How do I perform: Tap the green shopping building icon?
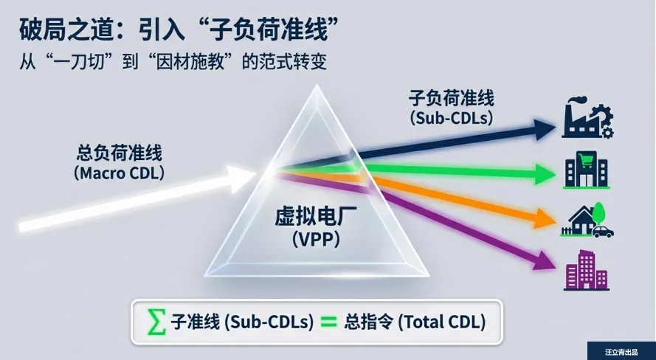tap(586, 170)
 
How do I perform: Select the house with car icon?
tap(587, 221)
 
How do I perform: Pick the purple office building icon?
tap(586, 269)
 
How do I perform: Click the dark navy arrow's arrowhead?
tap(544, 130)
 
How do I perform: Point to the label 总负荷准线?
tap(119, 154)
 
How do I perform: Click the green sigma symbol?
tap(156, 322)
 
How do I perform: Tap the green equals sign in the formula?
tap(329, 322)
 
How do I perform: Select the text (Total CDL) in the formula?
tap(443, 322)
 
